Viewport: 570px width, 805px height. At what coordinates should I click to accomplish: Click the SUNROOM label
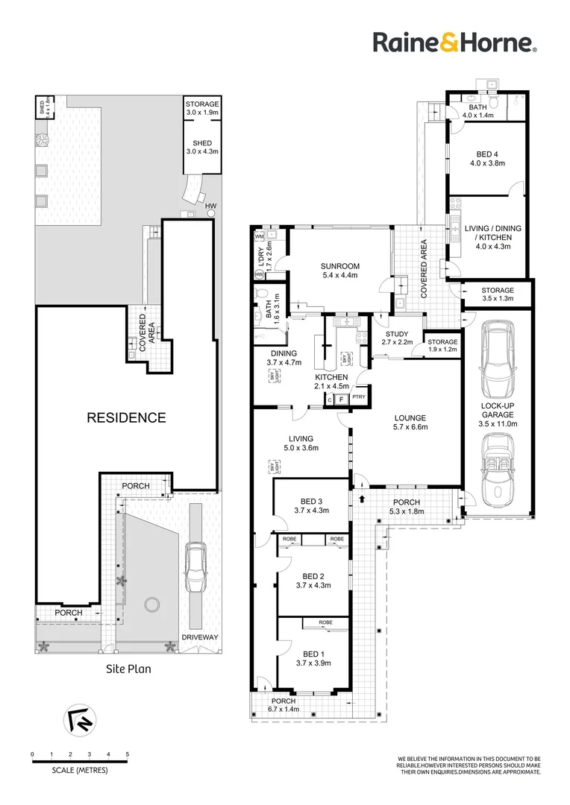point(339,266)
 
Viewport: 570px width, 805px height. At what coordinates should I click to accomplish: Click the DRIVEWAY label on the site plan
point(199,637)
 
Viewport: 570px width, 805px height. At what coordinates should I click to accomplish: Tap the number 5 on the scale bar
point(128,754)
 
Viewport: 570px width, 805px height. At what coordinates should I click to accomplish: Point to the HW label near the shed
point(211,205)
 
